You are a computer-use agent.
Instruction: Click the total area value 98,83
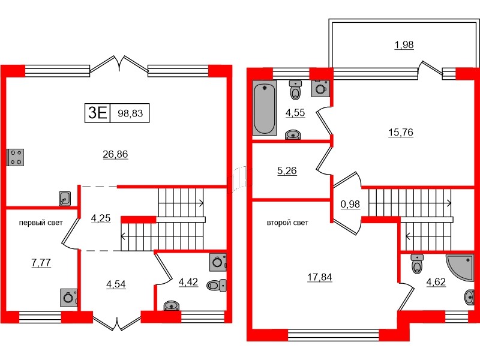(x=130, y=112)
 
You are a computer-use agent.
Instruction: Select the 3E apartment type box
(x=97, y=112)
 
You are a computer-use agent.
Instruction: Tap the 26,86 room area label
(x=116, y=154)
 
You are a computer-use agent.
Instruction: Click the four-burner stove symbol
(x=15, y=157)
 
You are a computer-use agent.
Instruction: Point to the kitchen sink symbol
(x=65, y=198)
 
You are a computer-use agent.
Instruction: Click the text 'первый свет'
(x=41, y=223)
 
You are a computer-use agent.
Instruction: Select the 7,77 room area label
(x=40, y=262)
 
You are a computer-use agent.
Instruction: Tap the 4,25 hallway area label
(x=100, y=218)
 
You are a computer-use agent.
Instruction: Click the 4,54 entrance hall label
(x=116, y=284)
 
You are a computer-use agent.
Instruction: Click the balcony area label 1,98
(x=404, y=44)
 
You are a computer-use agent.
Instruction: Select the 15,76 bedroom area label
(x=400, y=131)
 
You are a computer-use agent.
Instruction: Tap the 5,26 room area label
(x=286, y=170)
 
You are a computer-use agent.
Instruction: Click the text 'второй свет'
(x=287, y=223)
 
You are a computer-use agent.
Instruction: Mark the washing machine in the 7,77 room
(x=68, y=298)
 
